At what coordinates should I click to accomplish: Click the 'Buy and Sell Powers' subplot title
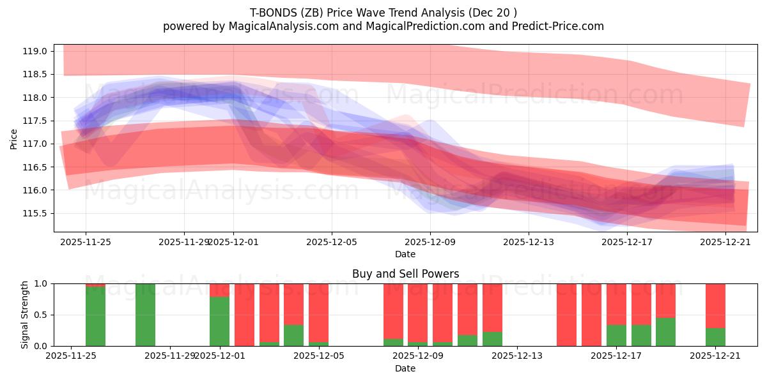tap(405, 274)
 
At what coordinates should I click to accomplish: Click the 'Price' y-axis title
tap(14, 138)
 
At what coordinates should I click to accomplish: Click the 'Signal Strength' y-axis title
tap(25, 314)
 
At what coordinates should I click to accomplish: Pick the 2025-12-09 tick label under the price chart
tap(430, 242)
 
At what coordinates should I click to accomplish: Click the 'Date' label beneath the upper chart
tap(405, 254)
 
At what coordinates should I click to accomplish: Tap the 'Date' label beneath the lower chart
tap(405, 368)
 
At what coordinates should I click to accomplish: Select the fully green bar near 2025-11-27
tap(145, 315)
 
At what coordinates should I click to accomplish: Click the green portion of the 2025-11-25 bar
tap(96, 317)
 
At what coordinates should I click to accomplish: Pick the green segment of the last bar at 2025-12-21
tap(715, 337)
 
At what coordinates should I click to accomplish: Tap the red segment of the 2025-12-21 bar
tap(715, 305)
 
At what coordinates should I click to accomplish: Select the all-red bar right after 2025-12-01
tap(244, 315)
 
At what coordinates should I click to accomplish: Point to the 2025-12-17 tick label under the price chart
tap(627, 242)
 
